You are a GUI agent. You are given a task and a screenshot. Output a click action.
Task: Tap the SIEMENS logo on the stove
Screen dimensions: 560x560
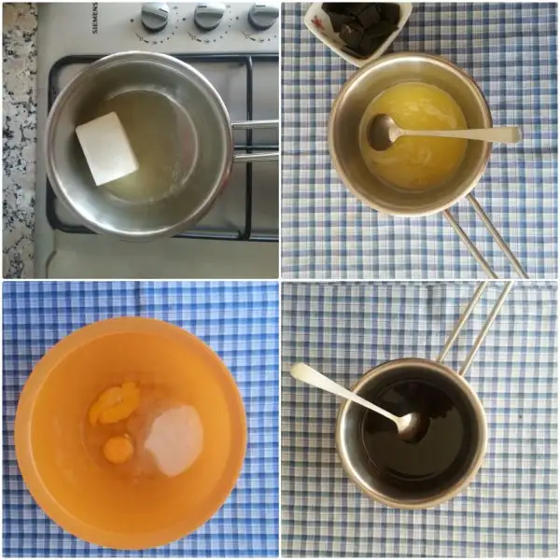95,19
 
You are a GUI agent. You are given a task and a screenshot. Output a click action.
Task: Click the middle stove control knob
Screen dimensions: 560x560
209,16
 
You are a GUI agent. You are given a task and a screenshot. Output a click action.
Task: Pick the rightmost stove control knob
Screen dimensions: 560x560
263,15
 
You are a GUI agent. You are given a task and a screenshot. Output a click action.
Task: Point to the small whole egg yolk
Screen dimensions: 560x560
117,449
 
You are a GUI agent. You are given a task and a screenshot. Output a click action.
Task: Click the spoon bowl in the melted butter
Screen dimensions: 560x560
383,132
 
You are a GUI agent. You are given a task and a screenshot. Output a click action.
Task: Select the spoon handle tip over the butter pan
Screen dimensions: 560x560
516,135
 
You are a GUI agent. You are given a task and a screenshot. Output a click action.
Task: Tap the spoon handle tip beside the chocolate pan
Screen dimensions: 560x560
297,371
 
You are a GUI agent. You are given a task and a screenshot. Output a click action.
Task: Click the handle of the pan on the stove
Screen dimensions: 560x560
255,140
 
